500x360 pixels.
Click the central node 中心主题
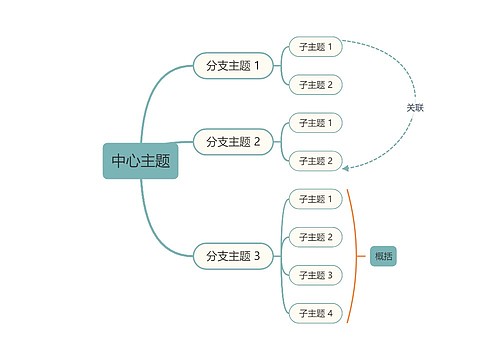[140, 160]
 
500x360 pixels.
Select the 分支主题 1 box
[232, 66]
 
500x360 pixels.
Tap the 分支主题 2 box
[232, 142]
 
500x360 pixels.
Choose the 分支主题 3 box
[232, 256]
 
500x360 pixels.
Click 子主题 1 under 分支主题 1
[315, 47]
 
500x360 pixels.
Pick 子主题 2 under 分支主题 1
[315, 85]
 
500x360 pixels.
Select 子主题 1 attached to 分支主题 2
[315, 123]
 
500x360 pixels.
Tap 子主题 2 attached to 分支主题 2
[315, 161]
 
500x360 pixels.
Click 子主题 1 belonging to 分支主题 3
[315, 199]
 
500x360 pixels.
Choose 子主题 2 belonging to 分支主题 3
[315, 237]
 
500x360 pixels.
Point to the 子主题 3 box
[315, 275]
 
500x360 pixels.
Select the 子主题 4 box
[315, 313]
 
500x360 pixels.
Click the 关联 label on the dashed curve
[415, 107]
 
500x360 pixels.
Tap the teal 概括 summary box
[384, 256]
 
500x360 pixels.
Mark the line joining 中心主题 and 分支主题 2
[185, 143]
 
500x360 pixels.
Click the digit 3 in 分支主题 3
[257, 256]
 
